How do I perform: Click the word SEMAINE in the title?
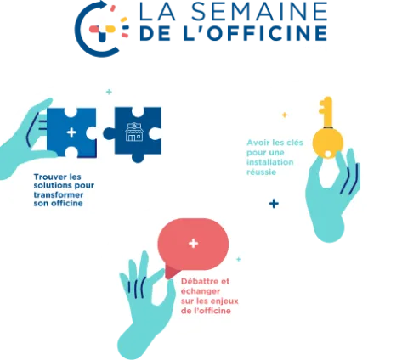[x=260, y=11]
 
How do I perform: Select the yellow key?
[x=327, y=129]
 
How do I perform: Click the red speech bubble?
[x=193, y=246]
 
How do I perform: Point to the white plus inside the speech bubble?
[x=193, y=244]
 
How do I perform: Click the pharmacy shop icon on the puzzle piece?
[x=133, y=132]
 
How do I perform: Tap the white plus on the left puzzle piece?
[x=71, y=132]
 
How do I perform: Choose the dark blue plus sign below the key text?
[x=274, y=204]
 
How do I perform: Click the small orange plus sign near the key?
[x=285, y=115]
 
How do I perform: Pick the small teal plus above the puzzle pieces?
[x=109, y=92]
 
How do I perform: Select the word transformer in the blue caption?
[x=59, y=195]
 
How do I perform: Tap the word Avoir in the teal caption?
[x=257, y=143]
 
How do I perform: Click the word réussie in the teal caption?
[x=261, y=172]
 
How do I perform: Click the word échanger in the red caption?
[x=201, y=291]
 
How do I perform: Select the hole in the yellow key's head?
[x=328, y=154]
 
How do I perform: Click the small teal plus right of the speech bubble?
[x=239, y=259]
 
